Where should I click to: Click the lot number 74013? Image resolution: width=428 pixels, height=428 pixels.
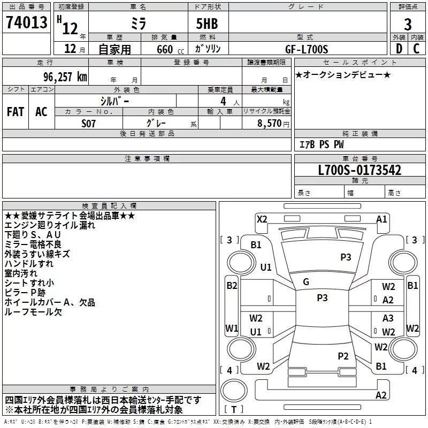tap(26, 22)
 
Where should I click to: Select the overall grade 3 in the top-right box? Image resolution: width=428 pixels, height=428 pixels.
tap(408, 25)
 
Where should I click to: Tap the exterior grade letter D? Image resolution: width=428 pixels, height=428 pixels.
tap(399, 49)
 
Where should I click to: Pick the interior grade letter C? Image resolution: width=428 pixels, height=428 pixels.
tap(416, 49)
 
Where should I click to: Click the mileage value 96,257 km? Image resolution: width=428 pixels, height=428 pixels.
tap(65, 77)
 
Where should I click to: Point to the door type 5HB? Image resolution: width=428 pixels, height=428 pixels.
tap(207, 24)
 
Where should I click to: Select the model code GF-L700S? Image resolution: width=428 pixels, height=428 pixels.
tap(306, 49)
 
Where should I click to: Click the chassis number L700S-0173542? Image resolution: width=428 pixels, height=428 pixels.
tap(360, 170)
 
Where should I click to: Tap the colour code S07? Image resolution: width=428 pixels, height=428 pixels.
tap(88, 124)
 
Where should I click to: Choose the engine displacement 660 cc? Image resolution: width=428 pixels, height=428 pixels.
tap(170, 50)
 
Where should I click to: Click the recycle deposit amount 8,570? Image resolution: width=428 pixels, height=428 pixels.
tap(269, 124)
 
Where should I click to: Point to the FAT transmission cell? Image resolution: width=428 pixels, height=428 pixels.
tap(16, 112)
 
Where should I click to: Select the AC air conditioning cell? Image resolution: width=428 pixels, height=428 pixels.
tap(41, 112)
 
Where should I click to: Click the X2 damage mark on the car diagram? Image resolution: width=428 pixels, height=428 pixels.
tap(262, 219)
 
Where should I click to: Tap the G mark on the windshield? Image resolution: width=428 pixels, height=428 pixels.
tap(306, 282)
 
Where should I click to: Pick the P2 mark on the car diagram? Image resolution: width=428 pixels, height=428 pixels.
tap(343, 356)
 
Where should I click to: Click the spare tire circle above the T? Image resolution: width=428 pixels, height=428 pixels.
tap(234, 391)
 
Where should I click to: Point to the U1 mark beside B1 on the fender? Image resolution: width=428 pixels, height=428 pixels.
tap(265, 267)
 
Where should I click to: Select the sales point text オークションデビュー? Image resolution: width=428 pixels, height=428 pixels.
tap(343, 74)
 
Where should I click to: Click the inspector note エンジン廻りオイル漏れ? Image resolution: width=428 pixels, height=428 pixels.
tap(50, 225)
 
